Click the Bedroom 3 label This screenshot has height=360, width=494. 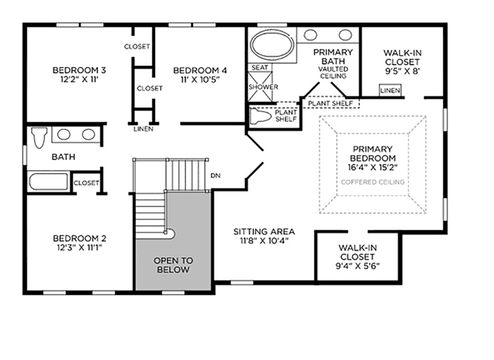(79, 70)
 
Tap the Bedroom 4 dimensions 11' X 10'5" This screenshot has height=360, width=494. (200, 79)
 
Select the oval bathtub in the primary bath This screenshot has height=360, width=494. (272, 45)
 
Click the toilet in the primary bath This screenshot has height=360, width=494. (261, 116)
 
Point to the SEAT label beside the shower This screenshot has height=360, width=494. (259, 67)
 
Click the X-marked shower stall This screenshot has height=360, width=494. (260, 87)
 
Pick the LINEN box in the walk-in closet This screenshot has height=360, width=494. (390, 90)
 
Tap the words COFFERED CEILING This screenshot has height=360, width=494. (373, 182)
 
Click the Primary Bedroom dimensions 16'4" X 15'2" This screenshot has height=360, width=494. (373, 167)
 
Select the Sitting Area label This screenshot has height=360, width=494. (264, 232)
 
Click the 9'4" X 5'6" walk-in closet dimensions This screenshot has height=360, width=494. (357, 266)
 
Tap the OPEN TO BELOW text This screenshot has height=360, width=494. (173, 265)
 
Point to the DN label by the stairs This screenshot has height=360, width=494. (215, 175)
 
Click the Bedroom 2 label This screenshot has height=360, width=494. (80, 238)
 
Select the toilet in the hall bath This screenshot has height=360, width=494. (39, 138)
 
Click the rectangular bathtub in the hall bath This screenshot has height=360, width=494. (48, 182)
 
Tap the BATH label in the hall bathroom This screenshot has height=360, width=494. (63, 157)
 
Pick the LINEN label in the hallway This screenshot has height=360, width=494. (144, 129)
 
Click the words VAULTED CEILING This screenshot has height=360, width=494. (333, 73)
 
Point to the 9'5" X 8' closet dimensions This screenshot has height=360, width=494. (403, 71)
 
